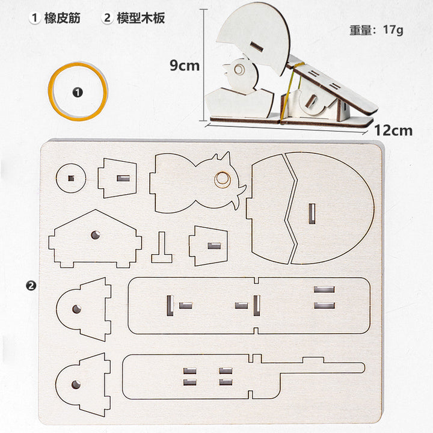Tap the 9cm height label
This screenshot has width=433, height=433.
tap(185, 66)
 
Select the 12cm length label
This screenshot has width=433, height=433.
tap(393, 131)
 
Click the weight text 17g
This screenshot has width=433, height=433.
tap(393, 29)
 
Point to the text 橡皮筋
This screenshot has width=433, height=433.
tap(63, 18)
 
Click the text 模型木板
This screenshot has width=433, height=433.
tap(141, 18)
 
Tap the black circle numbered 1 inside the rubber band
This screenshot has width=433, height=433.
tap(78, 93)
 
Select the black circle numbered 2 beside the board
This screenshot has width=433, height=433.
tap(31, 285)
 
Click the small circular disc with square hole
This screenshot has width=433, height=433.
tap(71, 178)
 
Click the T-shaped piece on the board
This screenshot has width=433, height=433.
tap(162, 248)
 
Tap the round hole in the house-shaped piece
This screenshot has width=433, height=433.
tap(96, 235)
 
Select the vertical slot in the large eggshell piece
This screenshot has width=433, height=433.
tap(312, 213)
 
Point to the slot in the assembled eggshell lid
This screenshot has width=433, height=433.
tap(257, 47)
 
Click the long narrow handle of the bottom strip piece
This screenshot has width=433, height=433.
tap(322, 368)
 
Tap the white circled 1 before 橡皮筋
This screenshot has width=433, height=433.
tap(34, 18)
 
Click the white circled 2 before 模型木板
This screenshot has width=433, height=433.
tap(107, 18)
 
